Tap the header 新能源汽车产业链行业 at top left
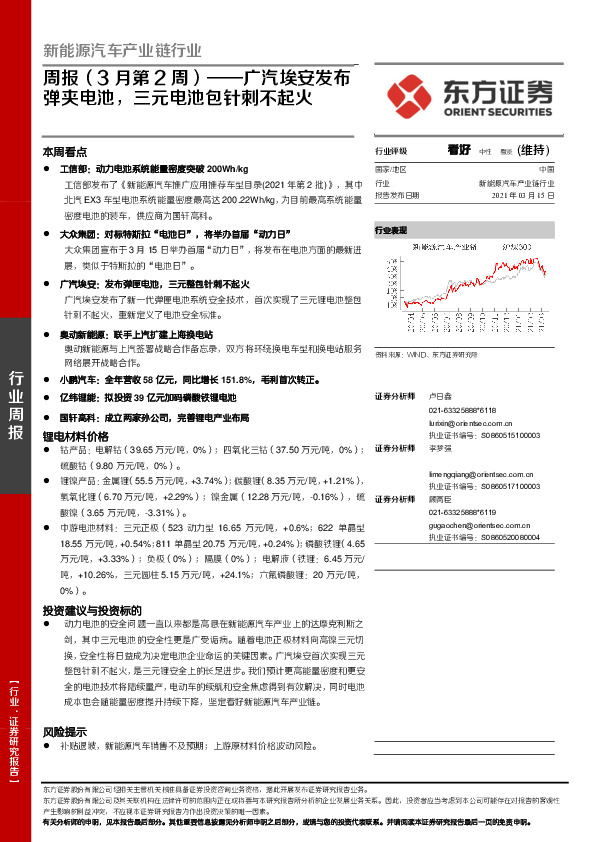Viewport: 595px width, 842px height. click(122, 51)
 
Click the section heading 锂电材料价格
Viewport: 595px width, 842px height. click(75, 437)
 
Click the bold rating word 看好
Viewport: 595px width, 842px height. click(459, 149)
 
